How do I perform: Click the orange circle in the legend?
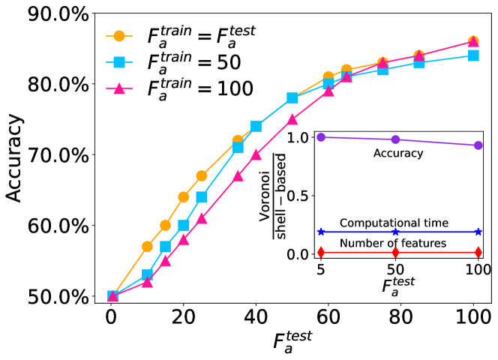[x=118, y=36]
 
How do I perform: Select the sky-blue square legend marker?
[x=118, y=62]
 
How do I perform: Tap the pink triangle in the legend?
[x=118, y=88]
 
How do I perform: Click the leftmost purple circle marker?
[x=321, y=137]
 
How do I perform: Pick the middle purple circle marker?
[x=395, y=139]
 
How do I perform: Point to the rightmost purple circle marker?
[x=478, y=145]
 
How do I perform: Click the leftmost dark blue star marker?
[x=321, y=232]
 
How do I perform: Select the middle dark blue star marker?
[x=395, y=232]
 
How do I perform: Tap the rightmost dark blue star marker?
[x=478, y=232]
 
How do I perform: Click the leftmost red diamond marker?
[x=321, y=252]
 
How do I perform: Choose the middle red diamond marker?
[x=395, y=252]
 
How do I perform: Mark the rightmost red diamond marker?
[x=478, y=252]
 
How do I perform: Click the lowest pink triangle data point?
[x=112, y=296]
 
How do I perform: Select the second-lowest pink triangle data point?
[x=148, y=282]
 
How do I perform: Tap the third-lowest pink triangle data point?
[x=166, y=261]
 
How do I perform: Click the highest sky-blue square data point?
[x=473, y=55]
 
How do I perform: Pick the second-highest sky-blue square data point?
[x=419, y=63]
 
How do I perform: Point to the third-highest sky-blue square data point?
[x=382, y=70]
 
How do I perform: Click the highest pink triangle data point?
[x=473, y=42]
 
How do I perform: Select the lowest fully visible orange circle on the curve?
[x=148, y=246]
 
